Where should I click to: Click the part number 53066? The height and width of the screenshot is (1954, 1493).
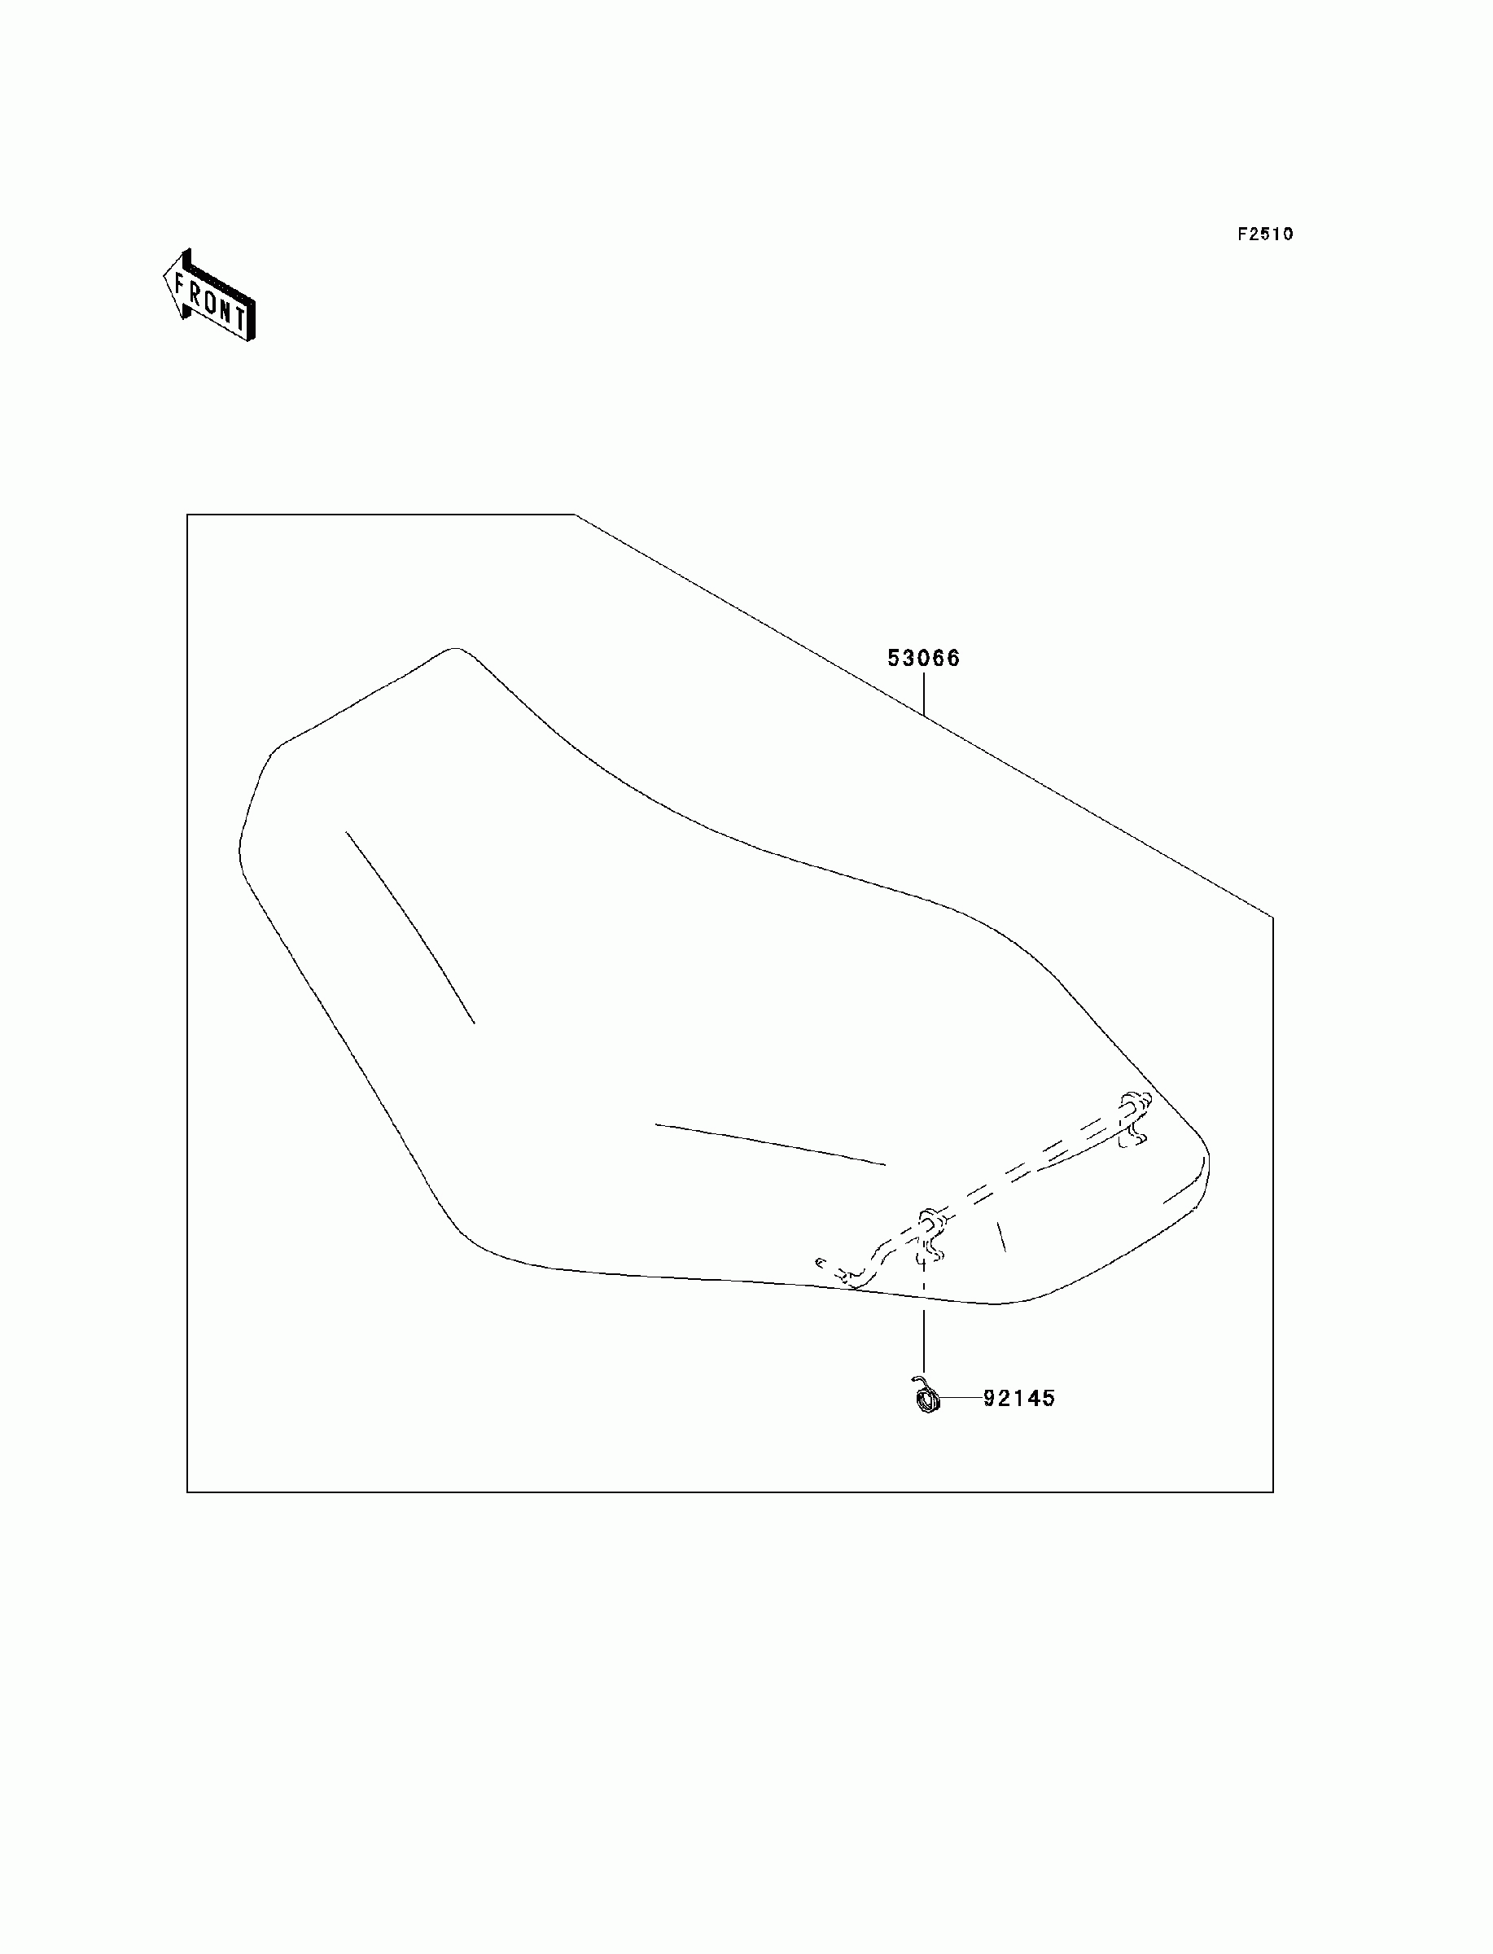point(923,659)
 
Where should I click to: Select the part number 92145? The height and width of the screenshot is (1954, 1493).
point(1019,1399)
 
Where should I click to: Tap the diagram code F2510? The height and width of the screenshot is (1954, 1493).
point(1266,234)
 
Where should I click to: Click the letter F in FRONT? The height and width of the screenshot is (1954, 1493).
point(182,285)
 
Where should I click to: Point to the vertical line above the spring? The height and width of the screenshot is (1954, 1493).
point(923,1324)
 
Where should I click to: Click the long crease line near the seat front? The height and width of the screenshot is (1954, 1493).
point(409,924)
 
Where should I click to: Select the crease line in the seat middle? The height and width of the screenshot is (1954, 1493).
point(769,1144)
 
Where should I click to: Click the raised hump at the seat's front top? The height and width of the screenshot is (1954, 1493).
point(454,652)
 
